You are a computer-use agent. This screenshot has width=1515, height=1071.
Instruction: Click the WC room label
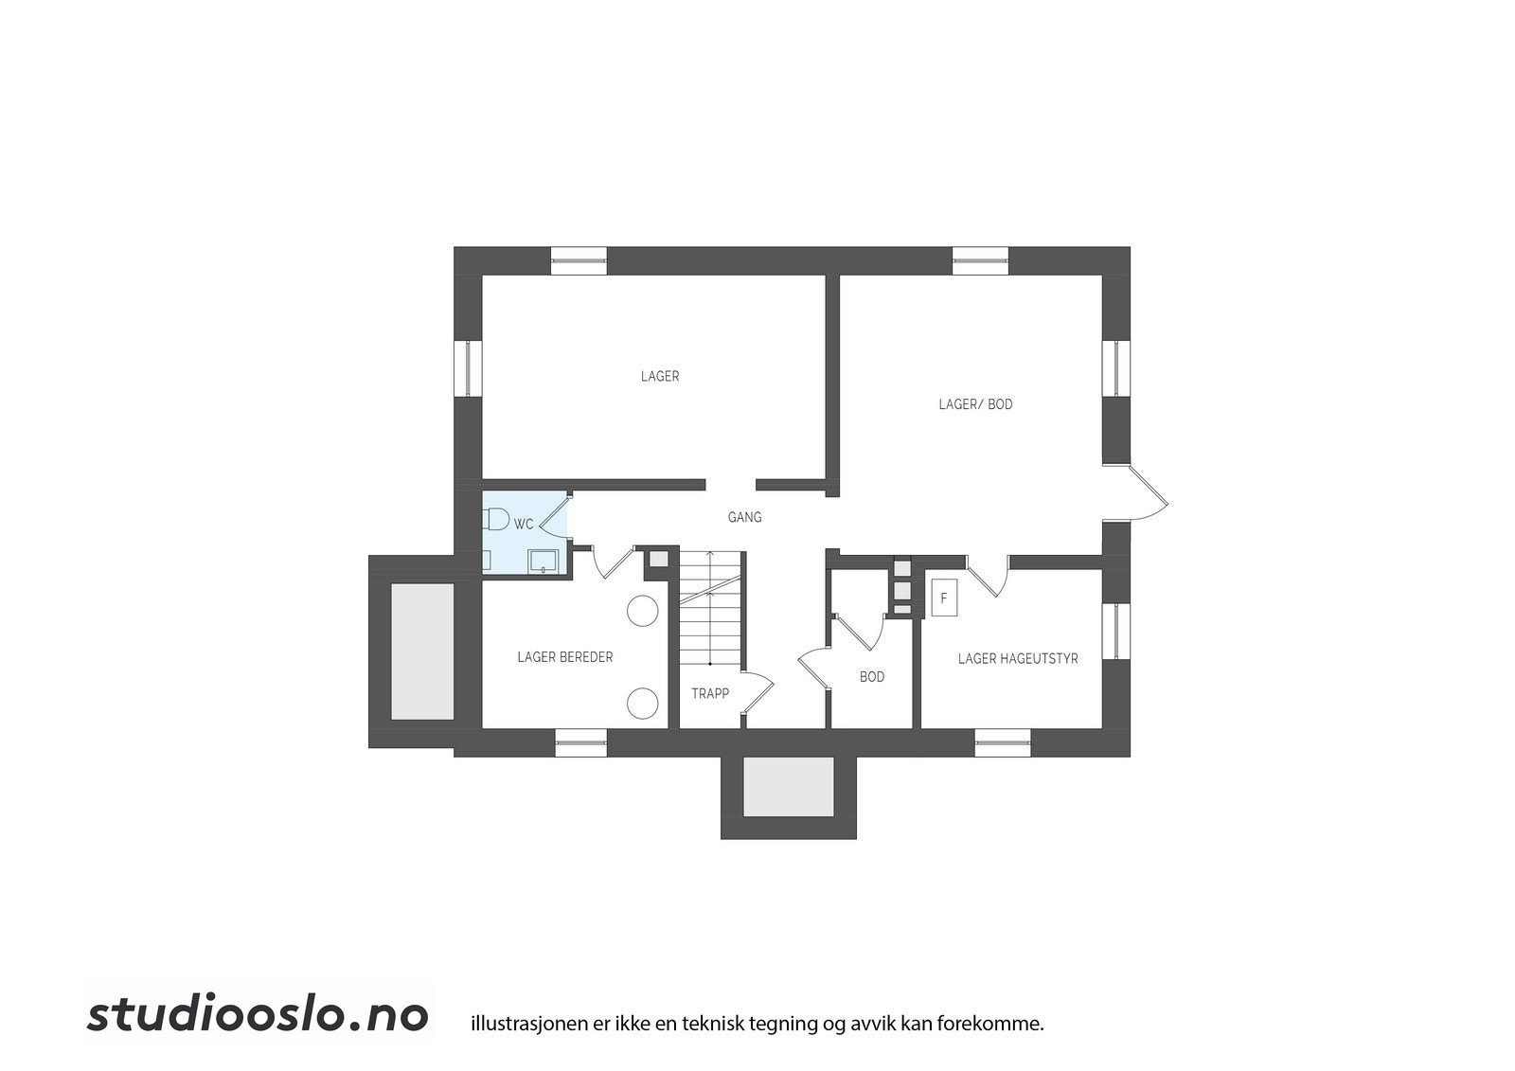(524, 524)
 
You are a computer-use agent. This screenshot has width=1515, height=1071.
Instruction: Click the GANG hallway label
(744, 517)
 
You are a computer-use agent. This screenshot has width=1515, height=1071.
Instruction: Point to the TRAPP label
(710, 693)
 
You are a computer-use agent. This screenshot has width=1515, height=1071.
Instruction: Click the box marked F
(943, 598)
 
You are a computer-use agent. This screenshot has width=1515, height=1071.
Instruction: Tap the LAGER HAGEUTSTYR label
(1018, 658)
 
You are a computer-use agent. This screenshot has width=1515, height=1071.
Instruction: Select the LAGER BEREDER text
(564, 657)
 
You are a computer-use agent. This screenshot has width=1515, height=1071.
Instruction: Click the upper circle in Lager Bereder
(644, 610)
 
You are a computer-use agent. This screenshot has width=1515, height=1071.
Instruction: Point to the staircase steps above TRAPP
(711, 606)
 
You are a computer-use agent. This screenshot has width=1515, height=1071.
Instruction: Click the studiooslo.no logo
(258, 1014)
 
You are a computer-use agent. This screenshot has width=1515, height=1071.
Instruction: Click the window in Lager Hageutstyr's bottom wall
(1002, 742)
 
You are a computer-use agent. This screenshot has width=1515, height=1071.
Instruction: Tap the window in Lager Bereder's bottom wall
(580, 742)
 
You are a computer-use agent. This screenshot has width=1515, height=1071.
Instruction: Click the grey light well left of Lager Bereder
(422, 651)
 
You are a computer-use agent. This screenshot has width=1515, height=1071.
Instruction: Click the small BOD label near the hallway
(872, 677)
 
